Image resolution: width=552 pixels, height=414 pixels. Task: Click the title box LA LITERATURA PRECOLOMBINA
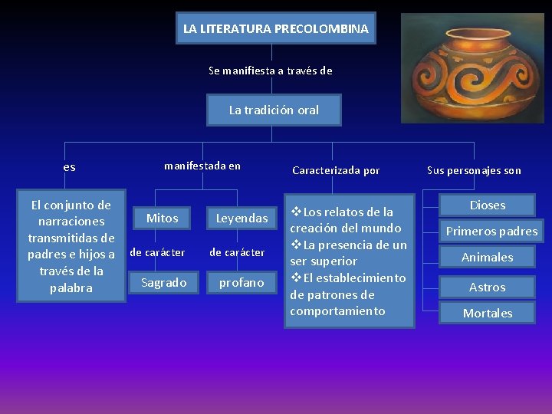pos(276,29)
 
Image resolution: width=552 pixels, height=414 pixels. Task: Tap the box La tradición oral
pos(274,110)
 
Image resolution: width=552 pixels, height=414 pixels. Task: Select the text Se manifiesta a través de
pos(271,71)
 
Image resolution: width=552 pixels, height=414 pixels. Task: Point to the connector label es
pos(70,167)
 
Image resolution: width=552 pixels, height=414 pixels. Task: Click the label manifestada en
pos(202,166)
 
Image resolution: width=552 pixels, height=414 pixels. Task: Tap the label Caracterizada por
pos(336,170)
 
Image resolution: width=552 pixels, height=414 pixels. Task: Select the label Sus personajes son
pos(474,170)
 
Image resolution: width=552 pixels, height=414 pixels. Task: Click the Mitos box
pos(163,219)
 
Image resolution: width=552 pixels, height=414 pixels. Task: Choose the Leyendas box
pos(242,219)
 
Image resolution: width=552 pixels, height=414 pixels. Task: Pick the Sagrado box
pos(164,283)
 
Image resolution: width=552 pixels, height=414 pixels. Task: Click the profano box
pos(242,283)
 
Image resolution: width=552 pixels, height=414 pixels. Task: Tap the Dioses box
pos(488,205)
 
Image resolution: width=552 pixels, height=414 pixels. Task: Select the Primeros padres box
pos(491,231)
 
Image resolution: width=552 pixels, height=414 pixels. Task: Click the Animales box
pos(488,258)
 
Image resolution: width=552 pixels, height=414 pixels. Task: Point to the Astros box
pos(488,287)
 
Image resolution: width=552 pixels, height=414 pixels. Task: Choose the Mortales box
pos(488,313)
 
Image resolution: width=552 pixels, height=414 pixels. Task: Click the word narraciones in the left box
pos(71,222)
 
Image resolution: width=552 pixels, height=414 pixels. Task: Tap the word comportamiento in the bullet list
pos(337,311)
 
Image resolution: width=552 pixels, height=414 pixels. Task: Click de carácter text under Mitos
pos(157,252)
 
